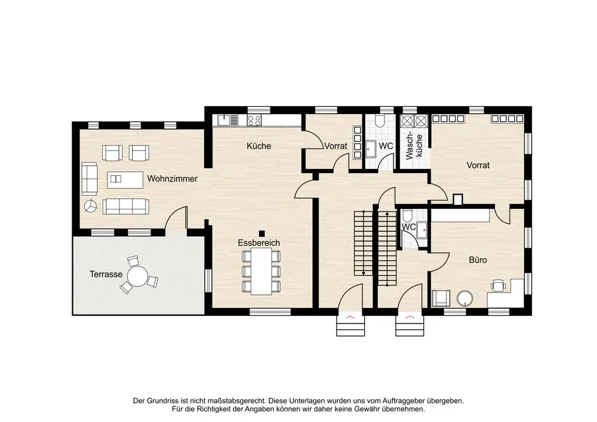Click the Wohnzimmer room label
[x=172, y=178]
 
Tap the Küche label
[x=259, y=146]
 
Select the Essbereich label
[x=259, y=242]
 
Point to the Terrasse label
[x=106, y=274]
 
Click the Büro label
[x=478, y=260]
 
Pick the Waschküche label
[x=414, y=146]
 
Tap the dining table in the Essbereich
[x=261, y=272]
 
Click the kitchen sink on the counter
[x=224, y=120]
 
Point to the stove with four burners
[x=254, y=120]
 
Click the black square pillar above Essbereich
[x=261, y=233]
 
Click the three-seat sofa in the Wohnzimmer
[x=126, y=207]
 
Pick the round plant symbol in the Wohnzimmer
[x=91, y=206]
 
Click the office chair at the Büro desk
[x=498, y=285]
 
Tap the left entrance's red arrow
[x=350, y=316]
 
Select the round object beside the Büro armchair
[x=465, y=298]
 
